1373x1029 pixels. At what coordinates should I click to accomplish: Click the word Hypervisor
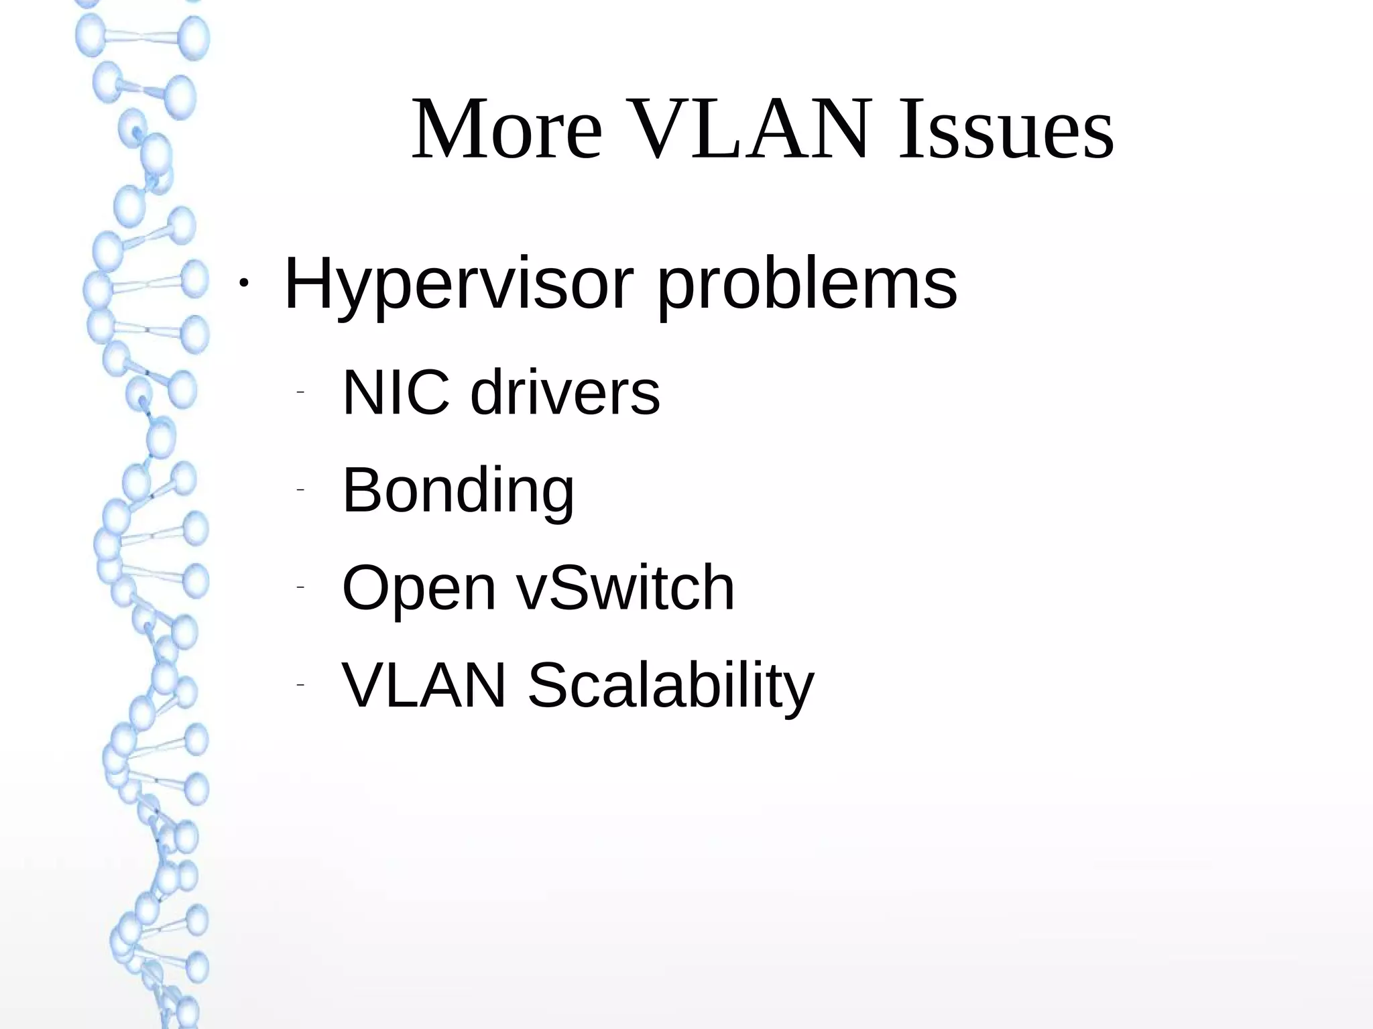coord(459,285)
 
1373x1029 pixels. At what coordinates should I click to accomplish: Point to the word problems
coord(807,285)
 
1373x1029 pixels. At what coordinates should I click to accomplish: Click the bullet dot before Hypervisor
coord(243,284)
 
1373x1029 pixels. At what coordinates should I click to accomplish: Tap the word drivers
coord(564,392)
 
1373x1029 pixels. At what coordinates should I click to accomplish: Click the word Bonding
coord(458,491)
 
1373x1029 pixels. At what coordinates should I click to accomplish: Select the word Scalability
coord(670,686)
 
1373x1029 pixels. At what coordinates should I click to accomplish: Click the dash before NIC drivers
coord(300,392)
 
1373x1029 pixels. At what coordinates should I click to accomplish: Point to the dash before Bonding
coord(300,490)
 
